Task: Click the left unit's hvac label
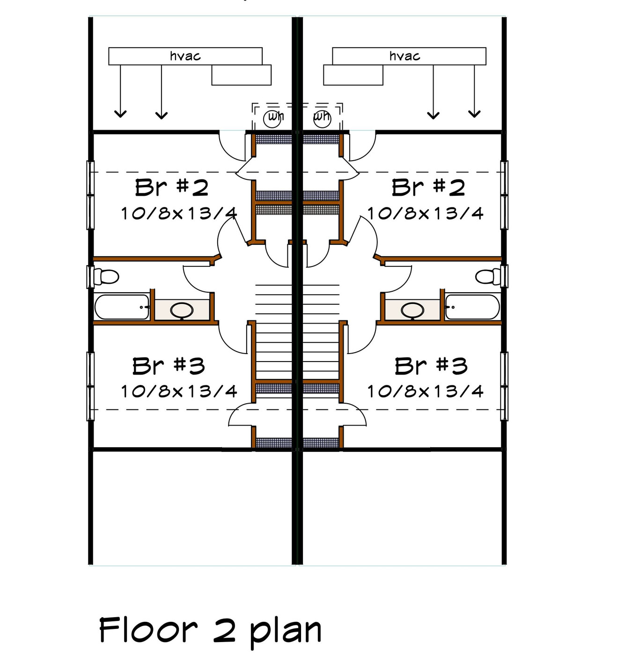185,56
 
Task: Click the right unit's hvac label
405,56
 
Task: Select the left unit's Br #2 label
172,188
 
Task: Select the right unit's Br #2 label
428,188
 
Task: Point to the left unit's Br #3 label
169,366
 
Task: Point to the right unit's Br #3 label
431,366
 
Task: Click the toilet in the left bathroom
106,276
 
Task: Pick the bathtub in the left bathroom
122,307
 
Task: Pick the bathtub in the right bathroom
472,307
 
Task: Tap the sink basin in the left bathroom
182,310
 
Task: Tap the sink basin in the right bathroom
413,310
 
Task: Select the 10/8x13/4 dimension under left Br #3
179,391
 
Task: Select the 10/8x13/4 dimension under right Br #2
425,214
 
